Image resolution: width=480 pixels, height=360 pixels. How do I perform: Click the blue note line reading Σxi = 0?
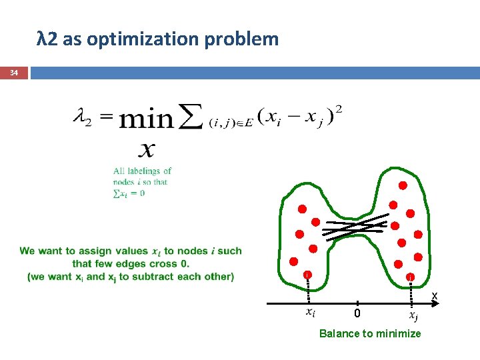point(129,194)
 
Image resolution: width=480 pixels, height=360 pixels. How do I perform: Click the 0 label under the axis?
point(357,313)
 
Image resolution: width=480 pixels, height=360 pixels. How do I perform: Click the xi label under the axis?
point(310,311)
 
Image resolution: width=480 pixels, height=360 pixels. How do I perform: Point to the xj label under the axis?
point(413,315)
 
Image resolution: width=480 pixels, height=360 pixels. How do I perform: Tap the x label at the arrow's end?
point(434,295)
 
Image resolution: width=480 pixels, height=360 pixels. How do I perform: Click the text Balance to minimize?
point(370,333)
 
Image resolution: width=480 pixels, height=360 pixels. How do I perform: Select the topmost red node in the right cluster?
point(403,185)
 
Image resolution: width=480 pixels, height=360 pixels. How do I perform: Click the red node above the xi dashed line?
point(307,275)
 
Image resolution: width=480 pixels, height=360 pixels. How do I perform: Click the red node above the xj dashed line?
point(411,276)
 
